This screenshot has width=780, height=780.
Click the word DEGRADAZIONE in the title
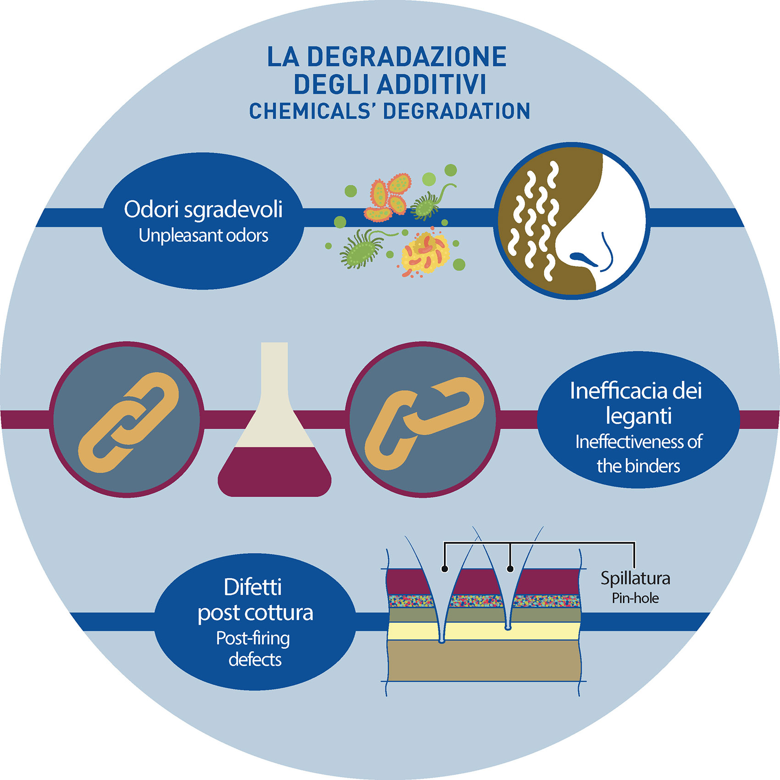click(x=406, y=57)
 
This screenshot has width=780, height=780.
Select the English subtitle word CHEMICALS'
click(x=310, y=111)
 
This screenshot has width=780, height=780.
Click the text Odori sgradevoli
click(x=203, y=209)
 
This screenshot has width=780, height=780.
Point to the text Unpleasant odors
click(x=203, y=236)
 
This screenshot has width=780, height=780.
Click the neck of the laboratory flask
click(x=274, y=367)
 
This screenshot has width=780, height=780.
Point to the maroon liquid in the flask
click(x=274, y=472)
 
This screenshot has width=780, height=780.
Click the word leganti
click(x=638, y=416)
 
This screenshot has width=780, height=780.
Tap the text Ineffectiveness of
click(x=638, y=442)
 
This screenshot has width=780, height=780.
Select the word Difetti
click(x=253, y=587)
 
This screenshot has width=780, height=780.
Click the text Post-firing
click(x=253, y=638)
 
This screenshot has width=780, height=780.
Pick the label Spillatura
click(x=635, y=578)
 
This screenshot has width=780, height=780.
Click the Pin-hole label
click(x=635, y=598)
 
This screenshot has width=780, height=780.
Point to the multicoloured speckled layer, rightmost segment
click(x=546, y=601)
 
